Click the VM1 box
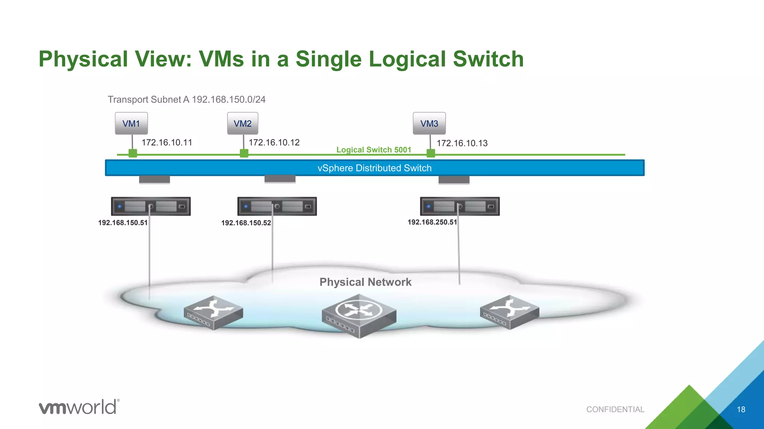(x=131, y=123)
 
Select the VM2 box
(x=242, y=123)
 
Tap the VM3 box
(x=429, y=123)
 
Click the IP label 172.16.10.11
(x=167, y=143)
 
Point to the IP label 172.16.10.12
(x=274, y=143)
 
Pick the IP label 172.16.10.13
(x=462, y=143)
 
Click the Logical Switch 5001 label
(x=373, y=150)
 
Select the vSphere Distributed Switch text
(x=374, y=168)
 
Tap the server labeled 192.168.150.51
(x=151, y=206)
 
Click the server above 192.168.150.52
(x=277, y=206)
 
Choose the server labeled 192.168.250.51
(x=460, y=206)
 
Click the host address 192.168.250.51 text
(x=432, y=222)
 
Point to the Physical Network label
(x=365, y=282)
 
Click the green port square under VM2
(x=244, y=153)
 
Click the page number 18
(x=741, y=410)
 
